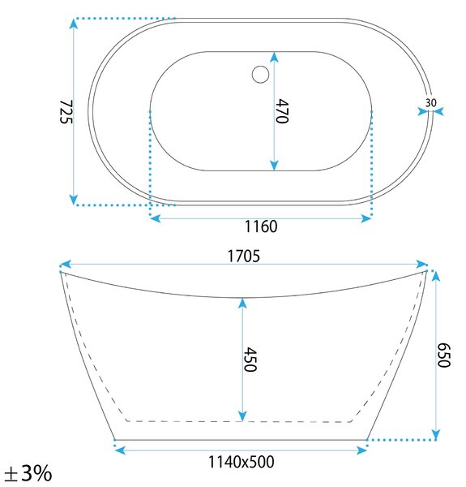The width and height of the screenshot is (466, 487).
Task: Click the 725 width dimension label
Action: coord(66,112)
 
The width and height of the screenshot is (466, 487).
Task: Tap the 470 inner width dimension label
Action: coord(282,111)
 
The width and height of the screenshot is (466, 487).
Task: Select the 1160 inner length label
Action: coord(261,226)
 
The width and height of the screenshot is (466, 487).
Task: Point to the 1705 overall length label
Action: coord(244,256)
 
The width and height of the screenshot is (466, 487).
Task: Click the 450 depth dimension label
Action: coord(250,360)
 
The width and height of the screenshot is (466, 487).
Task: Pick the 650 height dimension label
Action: coord(443,355)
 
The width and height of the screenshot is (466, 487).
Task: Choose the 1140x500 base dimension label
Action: coord(242,462)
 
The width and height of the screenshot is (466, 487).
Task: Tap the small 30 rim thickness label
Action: coord(430,102)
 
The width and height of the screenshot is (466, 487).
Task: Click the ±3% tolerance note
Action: coord(28,473)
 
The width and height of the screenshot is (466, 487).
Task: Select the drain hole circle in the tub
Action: coord(260,74)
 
